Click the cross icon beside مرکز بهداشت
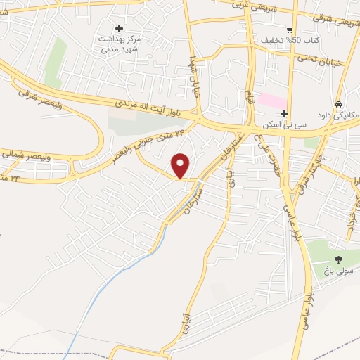[x=119, y=28]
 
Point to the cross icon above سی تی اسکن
[x=284, y=113]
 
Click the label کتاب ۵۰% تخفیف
[x=290, y=41]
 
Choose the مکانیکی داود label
[x=337, y=115]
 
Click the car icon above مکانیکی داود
[x=340, y=103]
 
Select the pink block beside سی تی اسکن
[x=271, y=100]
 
